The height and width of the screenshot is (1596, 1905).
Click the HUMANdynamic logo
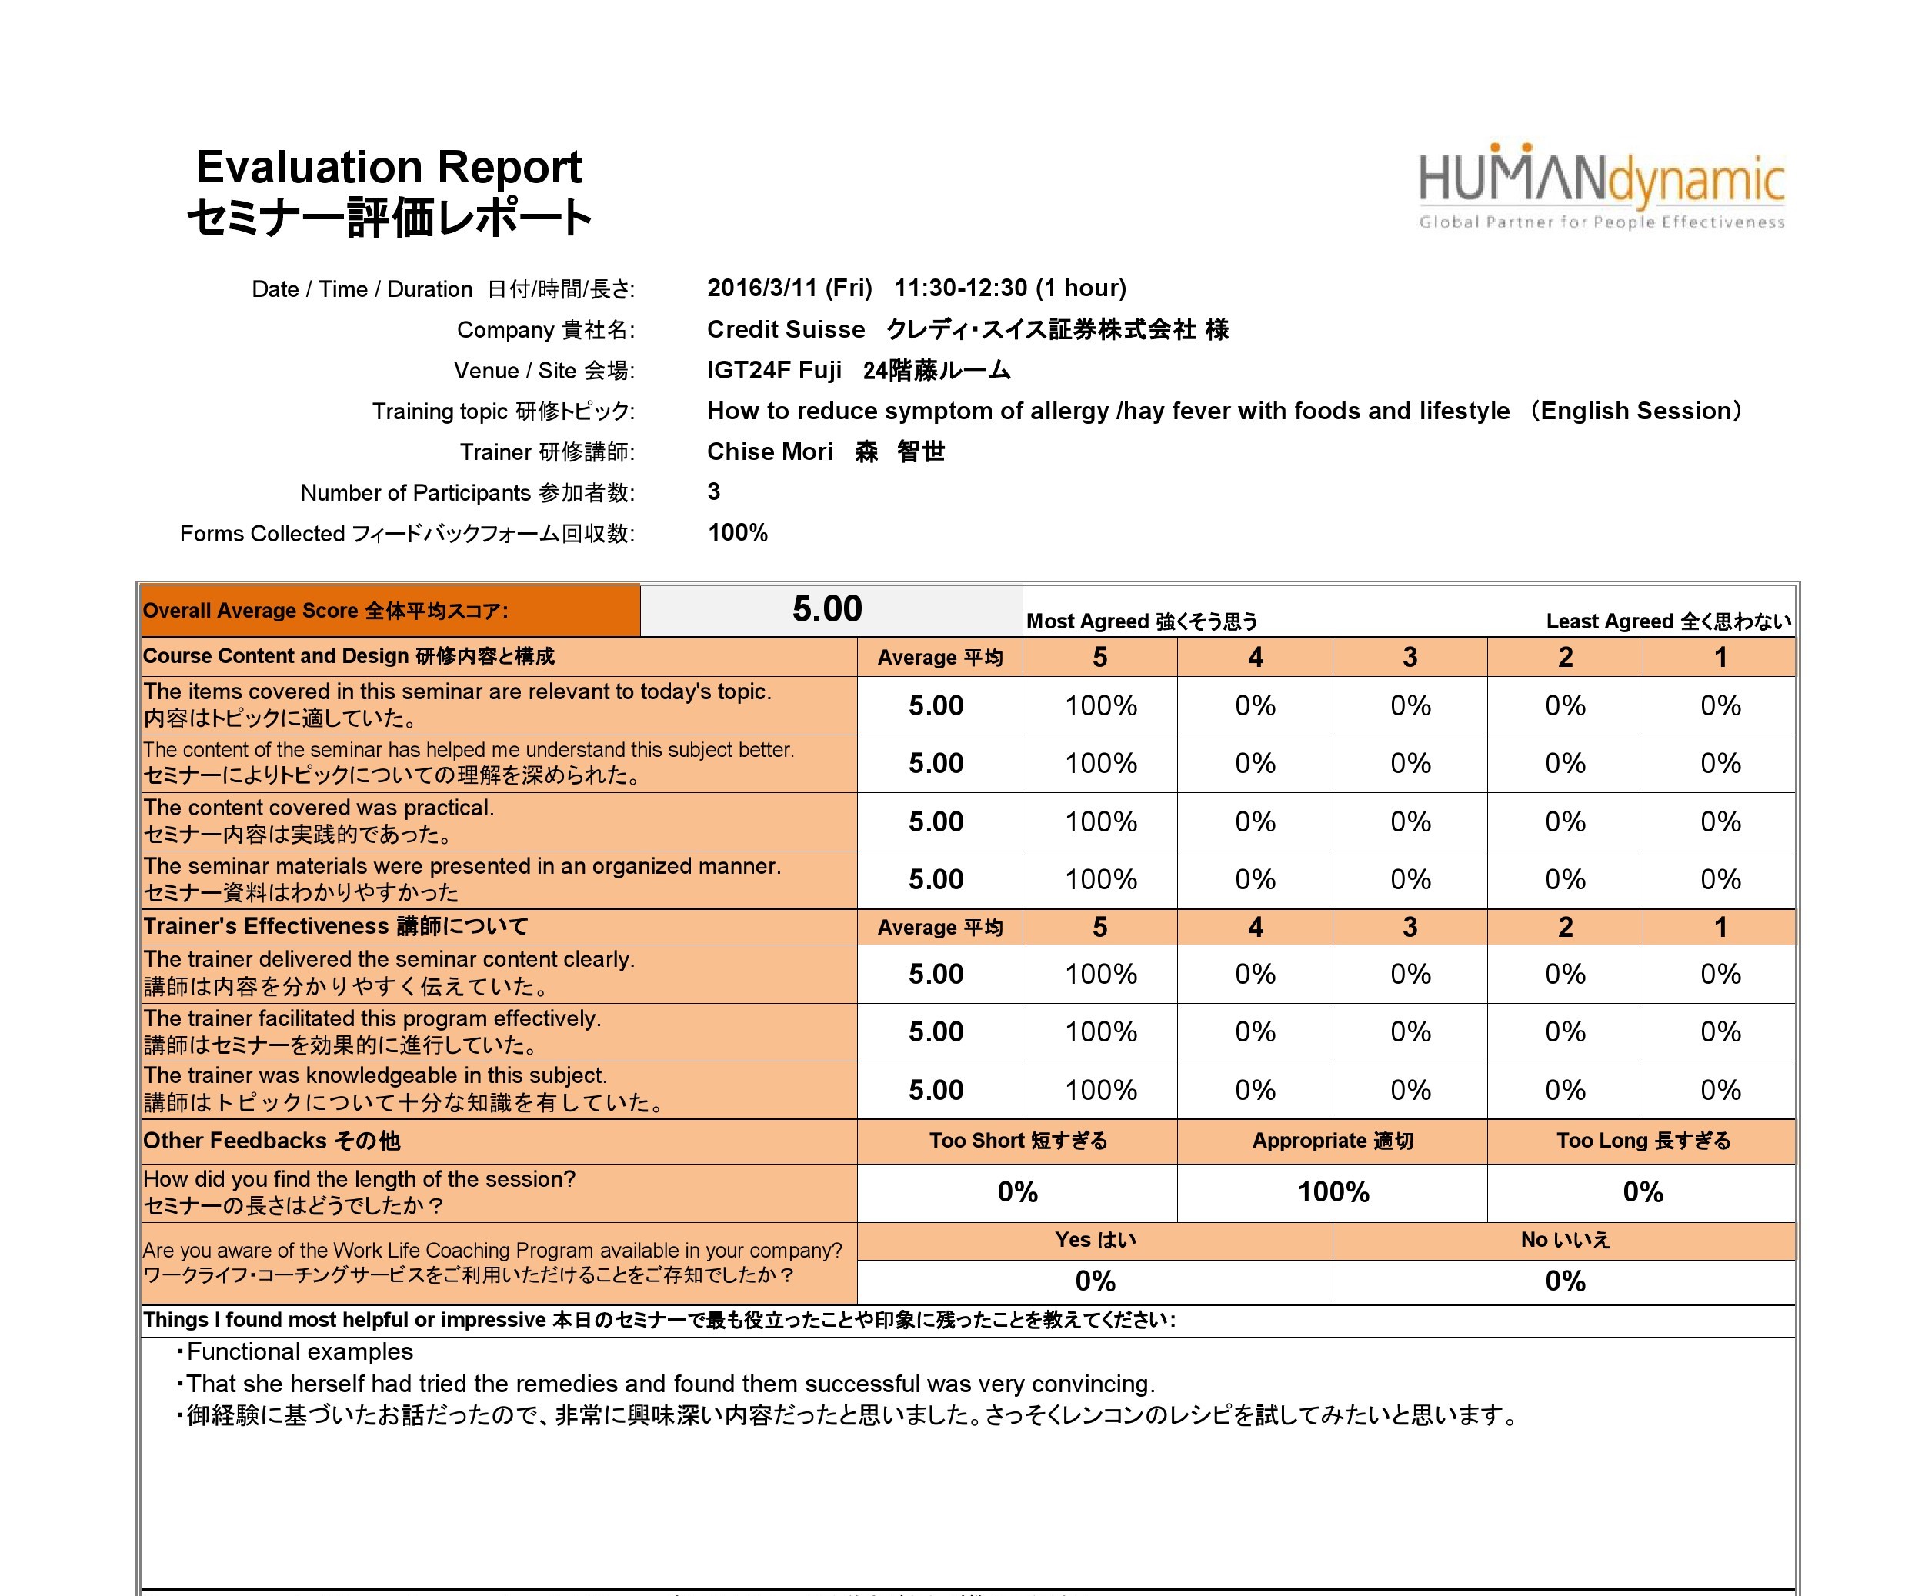coord(1601,187)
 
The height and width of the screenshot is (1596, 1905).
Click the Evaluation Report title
coord(389,168)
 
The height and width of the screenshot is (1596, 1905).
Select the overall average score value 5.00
coord(826,609)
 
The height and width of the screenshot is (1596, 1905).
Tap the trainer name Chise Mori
coord(769,451)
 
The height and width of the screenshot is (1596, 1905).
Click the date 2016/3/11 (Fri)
coord(789,288)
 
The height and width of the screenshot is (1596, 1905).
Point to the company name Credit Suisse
coord(786,329)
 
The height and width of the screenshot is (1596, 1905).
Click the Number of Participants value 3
coord(714,491)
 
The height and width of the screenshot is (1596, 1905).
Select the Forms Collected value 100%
coord(738,532)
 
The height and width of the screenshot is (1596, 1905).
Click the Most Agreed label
coord(1141,621)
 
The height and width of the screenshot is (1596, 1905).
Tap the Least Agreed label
coord(1667,621)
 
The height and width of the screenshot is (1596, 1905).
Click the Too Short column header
coord(1017,1141)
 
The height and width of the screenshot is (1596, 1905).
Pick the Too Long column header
coord(1642,1141)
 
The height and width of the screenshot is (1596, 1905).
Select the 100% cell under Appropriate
coord(1333,1191)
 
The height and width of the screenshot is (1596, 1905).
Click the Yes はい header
coord(1095,1240)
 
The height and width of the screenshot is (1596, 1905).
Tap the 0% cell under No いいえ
coord(1565,1281)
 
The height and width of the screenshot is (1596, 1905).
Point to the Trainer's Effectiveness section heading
coord(335,926)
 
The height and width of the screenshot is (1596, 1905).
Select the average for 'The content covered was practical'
coord(936,821)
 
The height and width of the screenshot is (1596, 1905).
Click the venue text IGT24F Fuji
coord(774,370)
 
